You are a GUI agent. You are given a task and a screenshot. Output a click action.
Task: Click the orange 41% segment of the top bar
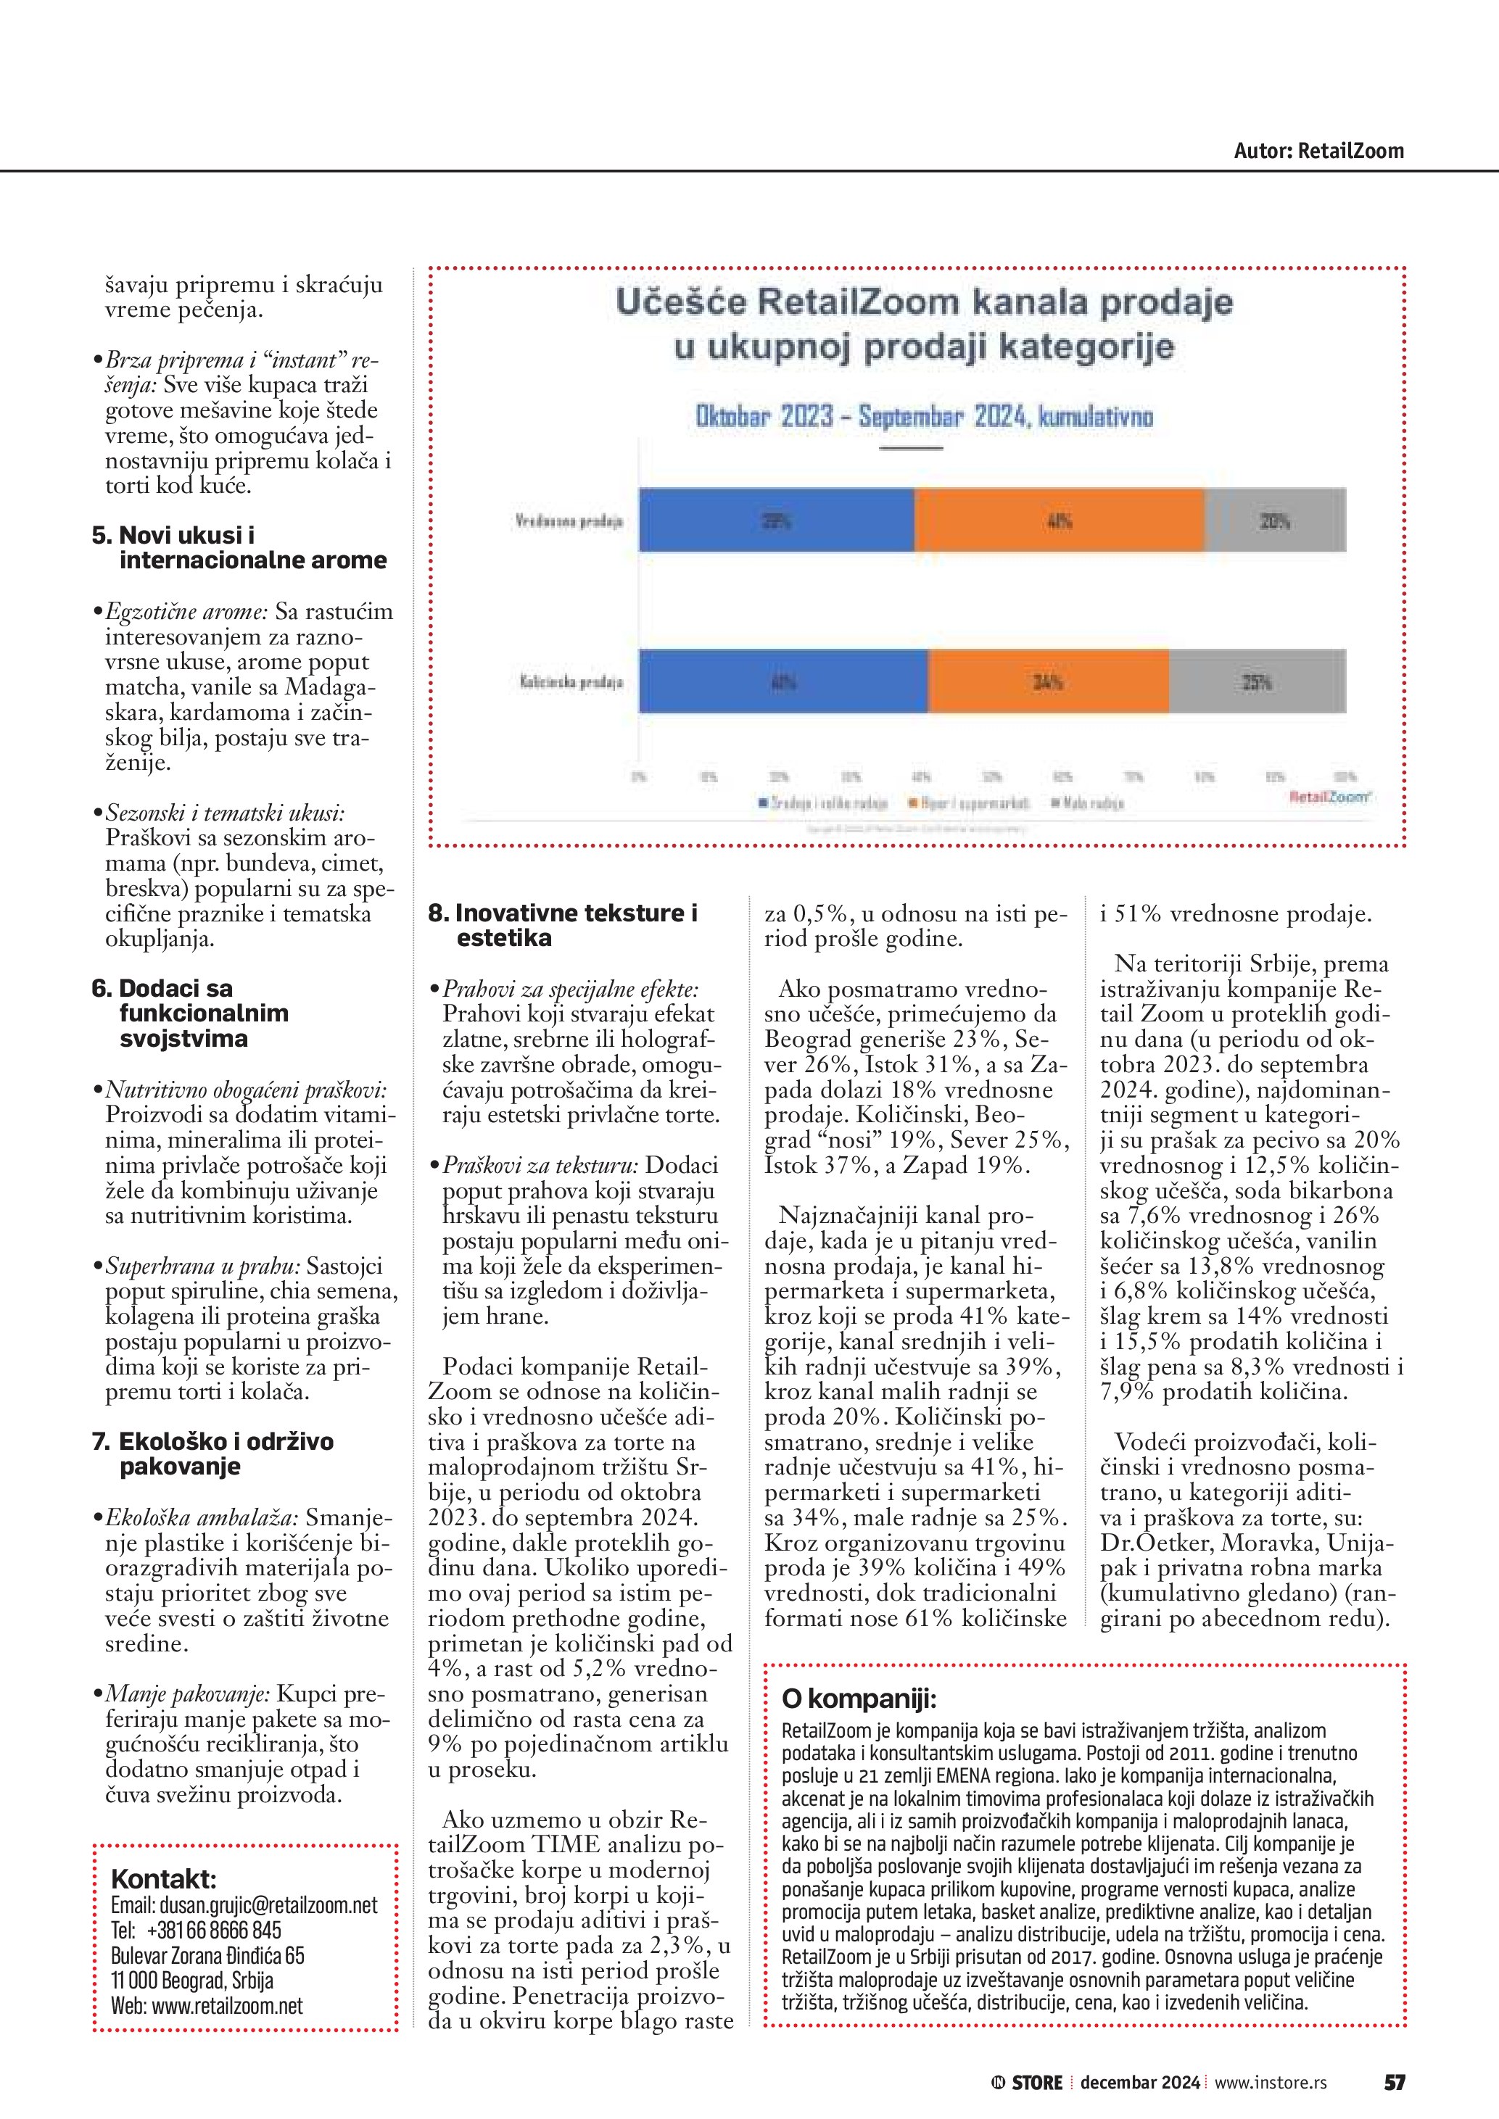coord(1059,521)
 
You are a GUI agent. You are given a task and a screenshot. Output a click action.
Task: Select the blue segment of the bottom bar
coord(782,682)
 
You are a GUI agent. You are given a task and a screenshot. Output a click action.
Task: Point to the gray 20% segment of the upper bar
coord(1275,521)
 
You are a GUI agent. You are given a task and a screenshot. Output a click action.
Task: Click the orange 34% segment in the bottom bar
coord(1048,682)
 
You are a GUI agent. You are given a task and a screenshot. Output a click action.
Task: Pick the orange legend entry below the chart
coord(968,803)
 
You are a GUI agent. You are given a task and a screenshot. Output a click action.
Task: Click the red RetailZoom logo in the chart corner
coord(1329,795)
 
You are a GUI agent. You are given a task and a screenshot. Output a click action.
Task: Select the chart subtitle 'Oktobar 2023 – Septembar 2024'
coord(924,417)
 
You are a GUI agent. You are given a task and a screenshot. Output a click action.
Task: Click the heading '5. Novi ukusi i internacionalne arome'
coord(239,547)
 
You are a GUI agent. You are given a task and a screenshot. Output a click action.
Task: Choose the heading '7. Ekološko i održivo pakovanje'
coord(213,1454)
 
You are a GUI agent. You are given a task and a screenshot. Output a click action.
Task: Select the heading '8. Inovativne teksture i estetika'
coord(562,925)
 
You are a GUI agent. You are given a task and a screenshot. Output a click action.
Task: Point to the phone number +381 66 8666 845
coord(213,1930)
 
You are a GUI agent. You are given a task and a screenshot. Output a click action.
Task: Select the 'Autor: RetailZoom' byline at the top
coord(1318,151)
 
